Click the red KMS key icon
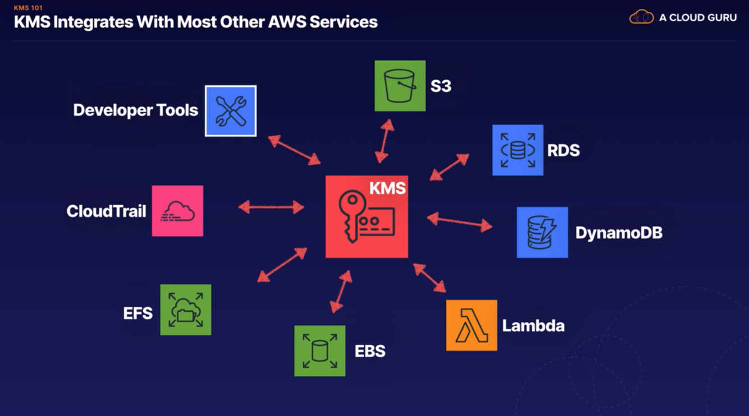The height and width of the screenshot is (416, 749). click(x=367, y=217)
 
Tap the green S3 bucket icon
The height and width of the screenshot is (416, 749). click(x=400, y=86)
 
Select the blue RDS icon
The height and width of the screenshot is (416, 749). click(x=518, y=150)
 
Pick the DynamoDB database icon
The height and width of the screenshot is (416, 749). click(x=542, y=232)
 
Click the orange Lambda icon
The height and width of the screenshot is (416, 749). click(x=471, y=325)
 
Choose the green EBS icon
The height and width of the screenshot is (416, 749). click(x=319, y=351)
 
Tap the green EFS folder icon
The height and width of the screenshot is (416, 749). click(x=185, y=309)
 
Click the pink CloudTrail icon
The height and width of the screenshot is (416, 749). click(x=177, y=211)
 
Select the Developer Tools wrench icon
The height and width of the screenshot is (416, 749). click(x=230, y=111)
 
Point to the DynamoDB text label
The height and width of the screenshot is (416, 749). click(x=619, y=233)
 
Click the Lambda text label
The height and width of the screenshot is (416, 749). click(x=533, y=326)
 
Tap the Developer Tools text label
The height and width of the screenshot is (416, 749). click(x=135, y=110)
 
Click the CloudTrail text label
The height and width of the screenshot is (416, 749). click(x=106, y=211)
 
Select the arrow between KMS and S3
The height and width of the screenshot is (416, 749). click(x=385, y=141)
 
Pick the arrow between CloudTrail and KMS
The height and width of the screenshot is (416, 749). click(x=271, y=207)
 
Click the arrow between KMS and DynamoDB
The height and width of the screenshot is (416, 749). click(x=459, y=221)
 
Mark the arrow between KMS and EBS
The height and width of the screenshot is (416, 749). click(x=341, y=291)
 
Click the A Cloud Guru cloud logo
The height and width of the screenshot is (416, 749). click(x=641, y=17)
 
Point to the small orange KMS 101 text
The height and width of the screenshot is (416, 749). click(x=28, y=8)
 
